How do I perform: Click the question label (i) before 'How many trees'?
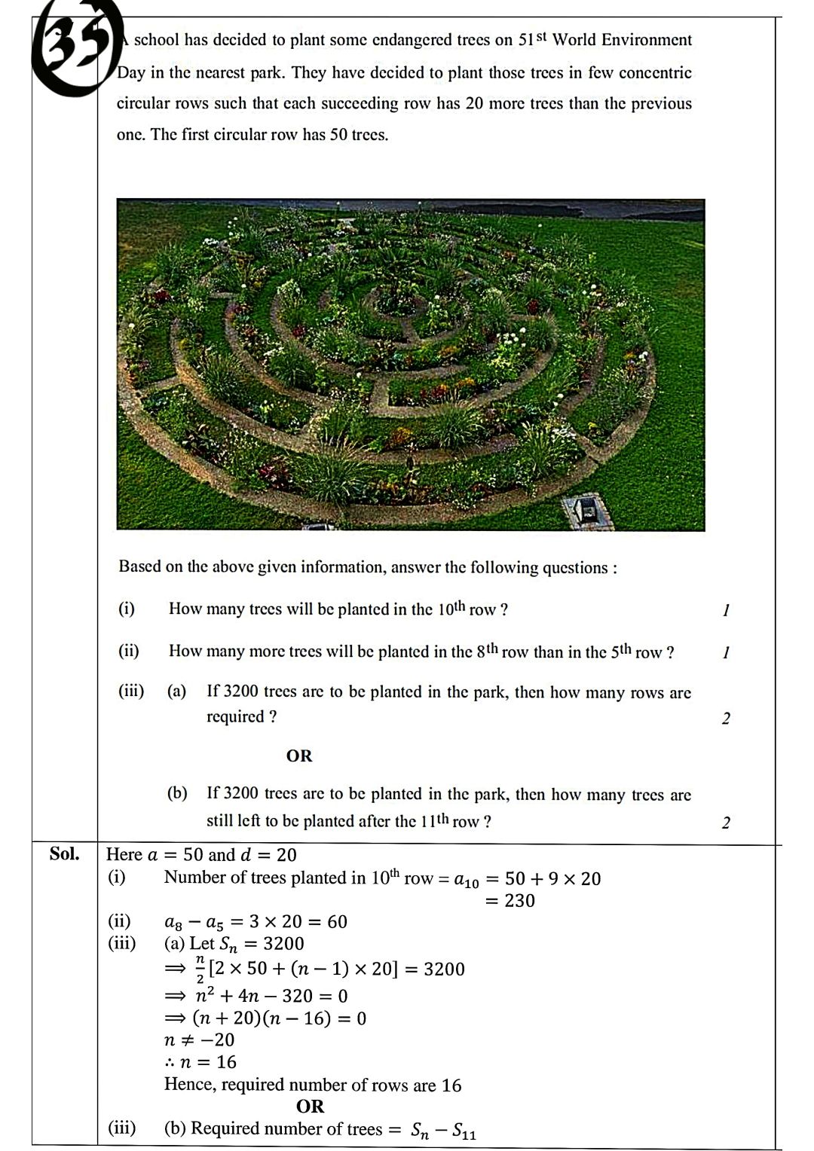tap(127, 609)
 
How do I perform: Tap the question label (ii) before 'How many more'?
tap(129, 651)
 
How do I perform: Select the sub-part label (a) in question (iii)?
tap(176, 692)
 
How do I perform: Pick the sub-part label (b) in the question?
tap(177, 793)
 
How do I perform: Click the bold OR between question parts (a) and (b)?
tap(299, 756)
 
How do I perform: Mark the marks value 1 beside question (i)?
tap(725, 610)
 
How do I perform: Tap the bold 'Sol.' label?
tap(64, 853)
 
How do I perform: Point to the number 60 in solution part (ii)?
tap(337, 922)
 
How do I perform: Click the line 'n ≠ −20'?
tap(200, 1040)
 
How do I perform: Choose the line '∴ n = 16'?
tap(200, 1062)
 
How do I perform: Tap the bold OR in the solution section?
tap(310, 1107)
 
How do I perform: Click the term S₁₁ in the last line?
tap(464, 1131)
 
